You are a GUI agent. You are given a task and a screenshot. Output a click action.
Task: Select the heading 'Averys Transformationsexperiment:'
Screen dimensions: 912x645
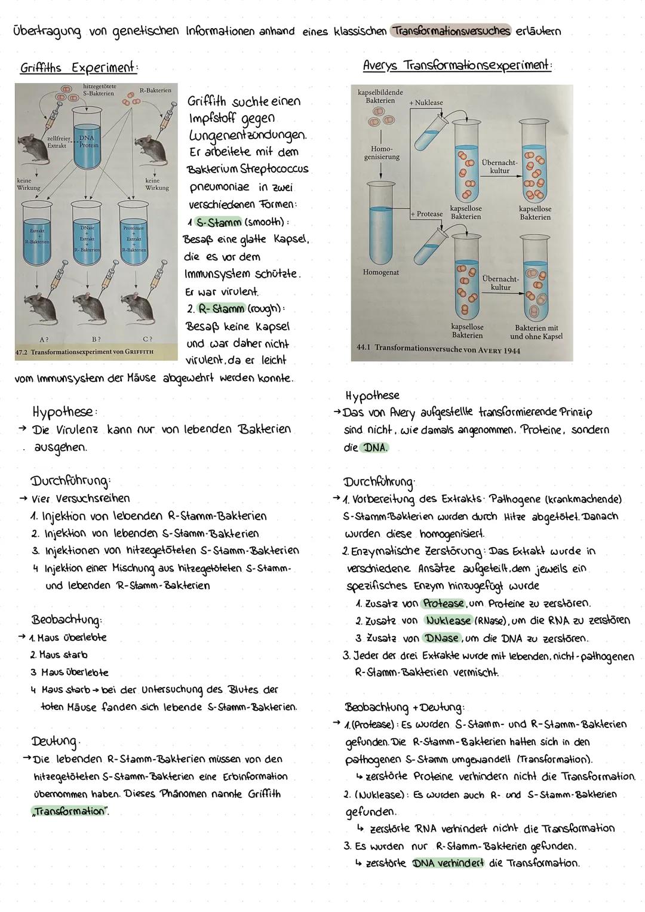pos(457,65)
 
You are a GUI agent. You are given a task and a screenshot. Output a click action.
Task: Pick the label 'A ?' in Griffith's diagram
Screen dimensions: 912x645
pos(44,339)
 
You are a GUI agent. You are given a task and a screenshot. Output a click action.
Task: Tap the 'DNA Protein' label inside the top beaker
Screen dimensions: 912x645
pos(88,141)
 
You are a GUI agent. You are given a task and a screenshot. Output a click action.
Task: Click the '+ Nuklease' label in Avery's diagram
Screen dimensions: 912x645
pos(426,103)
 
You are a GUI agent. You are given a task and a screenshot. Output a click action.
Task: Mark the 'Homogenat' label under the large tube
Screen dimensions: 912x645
pos(381,272)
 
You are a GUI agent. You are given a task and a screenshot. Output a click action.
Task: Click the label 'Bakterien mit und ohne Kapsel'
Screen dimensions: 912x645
pos(536,332)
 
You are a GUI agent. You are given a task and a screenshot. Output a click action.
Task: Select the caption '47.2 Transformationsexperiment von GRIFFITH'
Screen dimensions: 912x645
pos(84,352)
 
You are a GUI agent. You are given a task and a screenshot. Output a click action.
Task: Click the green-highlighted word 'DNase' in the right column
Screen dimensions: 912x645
pos(441,638)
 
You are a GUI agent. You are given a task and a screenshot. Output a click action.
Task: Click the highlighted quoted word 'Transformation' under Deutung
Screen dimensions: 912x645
pos(68,811)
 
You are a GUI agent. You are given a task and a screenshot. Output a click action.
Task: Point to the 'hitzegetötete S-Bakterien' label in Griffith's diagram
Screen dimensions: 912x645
pos(100,90)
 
